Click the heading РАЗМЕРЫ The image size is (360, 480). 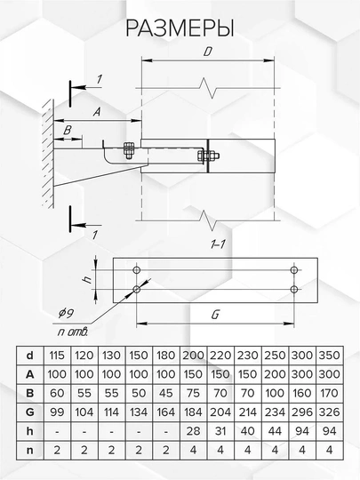click(180, 28)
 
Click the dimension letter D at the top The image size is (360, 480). click(208, 52)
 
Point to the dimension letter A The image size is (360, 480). click(97, 112)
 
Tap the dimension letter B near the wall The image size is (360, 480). click(68, 131)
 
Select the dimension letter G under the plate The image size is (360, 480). click(215, 315)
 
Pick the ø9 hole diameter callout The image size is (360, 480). click(66, 313)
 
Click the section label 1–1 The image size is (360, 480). click(218, 244)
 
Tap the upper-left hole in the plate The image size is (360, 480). click(137, 270)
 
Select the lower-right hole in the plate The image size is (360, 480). click(294, 289)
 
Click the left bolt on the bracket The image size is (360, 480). click(129, 150)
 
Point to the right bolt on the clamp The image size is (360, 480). click(208, 156)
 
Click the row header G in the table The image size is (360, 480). click(29, 412)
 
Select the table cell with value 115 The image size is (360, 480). click(57, 356)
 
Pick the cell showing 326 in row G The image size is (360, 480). click(330, 412)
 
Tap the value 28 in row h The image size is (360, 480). click(193, 431)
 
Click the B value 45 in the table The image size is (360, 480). click(166, 393)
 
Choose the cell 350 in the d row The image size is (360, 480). click(330, 356)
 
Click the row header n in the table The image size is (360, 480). click(29, 451)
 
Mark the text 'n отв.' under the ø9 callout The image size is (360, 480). click(73, 332)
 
